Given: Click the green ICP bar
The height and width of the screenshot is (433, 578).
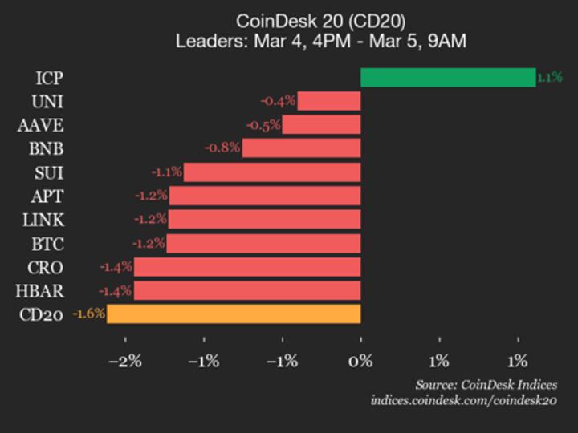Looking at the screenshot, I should [447, 78].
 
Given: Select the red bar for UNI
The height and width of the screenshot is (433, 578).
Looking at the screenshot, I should [329, 101].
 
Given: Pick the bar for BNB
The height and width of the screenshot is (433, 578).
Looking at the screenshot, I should [301, 148].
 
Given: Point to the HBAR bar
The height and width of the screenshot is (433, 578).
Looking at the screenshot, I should [247, 290].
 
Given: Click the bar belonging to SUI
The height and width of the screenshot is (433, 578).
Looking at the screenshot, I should [272, 172].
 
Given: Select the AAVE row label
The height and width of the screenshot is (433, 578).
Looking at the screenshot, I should [41, 125].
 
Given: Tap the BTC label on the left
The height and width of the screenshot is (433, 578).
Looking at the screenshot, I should [47, 244].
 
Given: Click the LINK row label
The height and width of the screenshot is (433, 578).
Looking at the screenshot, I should [44, 220].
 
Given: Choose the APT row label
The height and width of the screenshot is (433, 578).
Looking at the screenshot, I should [47, 196].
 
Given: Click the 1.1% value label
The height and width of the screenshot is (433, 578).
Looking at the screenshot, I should [549, 78].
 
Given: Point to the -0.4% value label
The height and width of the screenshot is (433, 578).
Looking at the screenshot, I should [278, 101].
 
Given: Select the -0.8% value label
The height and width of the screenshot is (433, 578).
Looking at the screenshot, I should [222, 148].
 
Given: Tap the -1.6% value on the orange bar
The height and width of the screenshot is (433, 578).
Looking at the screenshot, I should [89, 314].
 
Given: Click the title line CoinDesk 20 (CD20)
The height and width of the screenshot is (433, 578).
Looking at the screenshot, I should [321, 20].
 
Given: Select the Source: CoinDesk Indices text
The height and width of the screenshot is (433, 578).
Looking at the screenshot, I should [486, 385].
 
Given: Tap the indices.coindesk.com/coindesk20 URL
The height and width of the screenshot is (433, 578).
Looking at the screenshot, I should [463, 400].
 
